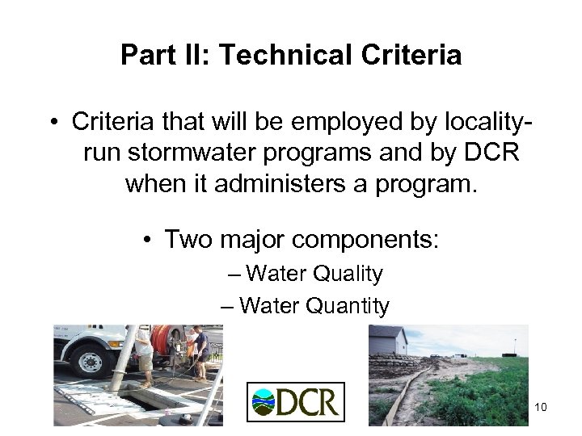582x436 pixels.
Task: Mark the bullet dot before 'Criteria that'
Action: coord(53,124)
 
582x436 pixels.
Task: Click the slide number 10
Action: coord(541,407)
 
